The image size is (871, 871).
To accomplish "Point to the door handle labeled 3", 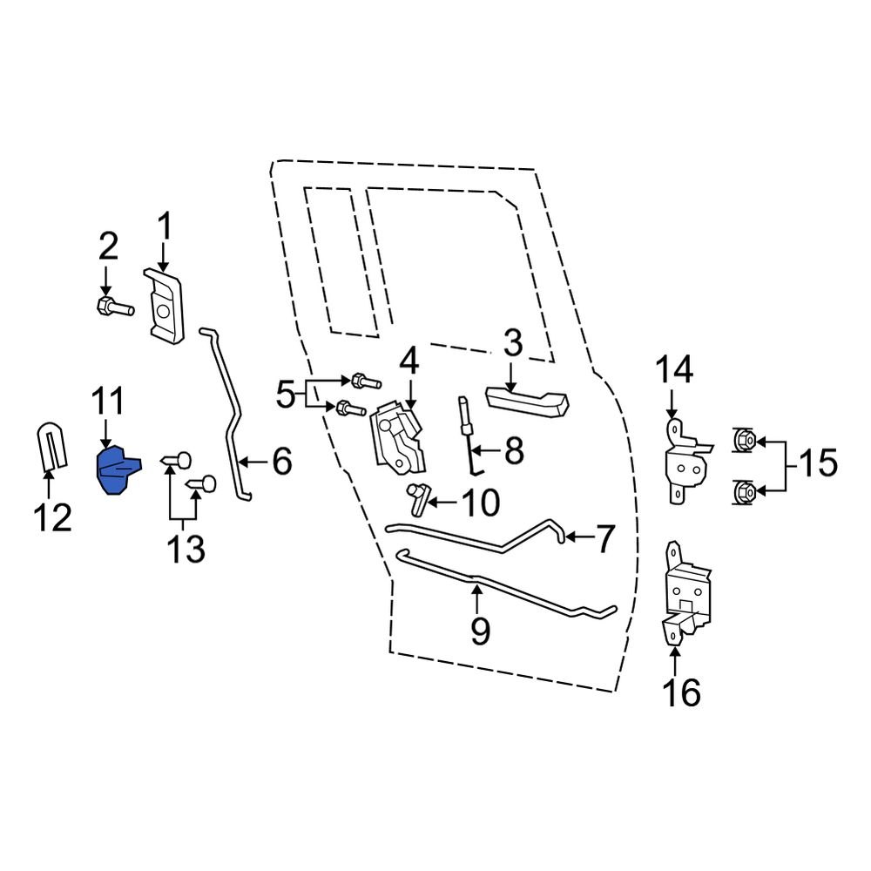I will coord(526,400).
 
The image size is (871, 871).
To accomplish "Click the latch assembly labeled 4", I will coord(399,440).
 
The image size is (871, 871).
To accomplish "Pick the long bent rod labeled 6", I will coord(230,418).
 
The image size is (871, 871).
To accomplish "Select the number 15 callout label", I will coord(816,463).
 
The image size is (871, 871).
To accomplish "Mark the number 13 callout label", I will coord(186,550).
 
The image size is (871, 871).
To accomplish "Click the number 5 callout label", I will coord(286,396).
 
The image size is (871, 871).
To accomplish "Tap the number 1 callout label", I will coord(165,230).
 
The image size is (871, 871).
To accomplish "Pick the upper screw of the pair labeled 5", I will coord(365,381).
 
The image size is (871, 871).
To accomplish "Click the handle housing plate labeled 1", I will coord(165,307).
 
